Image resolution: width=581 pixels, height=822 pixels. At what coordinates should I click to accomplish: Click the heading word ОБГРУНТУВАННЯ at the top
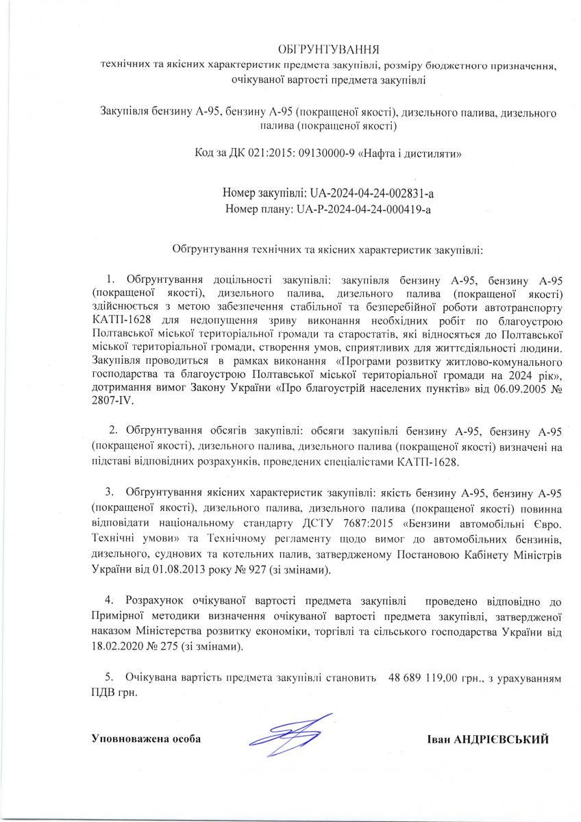pyautogui.click(x=328, y=50)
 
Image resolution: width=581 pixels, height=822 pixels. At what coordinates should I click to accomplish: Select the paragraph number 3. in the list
pyautogui.click(x=109, y=493)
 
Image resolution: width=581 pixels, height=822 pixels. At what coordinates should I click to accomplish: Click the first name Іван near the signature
pyautogui.click(x=438, y=740)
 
